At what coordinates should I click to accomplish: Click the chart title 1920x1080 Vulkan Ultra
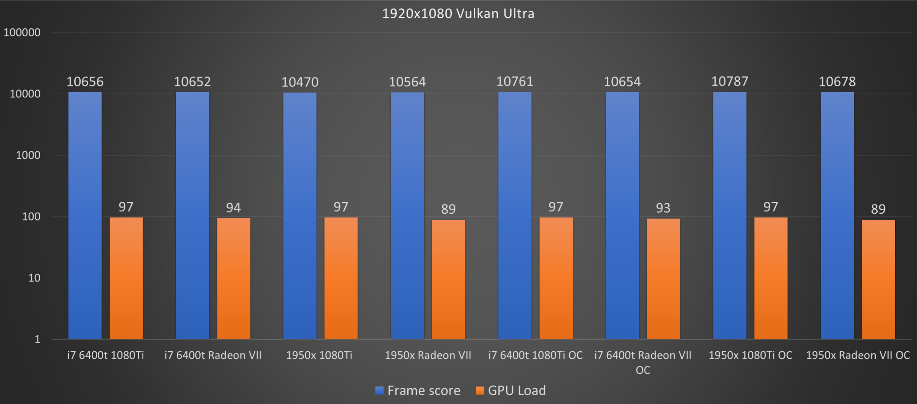pyautogui.click(x=458, y=14)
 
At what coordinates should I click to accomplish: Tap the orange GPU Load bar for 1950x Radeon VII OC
pyautogui.click(x=878, y=279)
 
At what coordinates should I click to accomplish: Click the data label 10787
pyautogui.click(x=729, y=81)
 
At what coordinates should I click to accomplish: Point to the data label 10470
pyautogui.click(x=300, y=82)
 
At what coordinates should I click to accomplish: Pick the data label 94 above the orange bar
pyautogui.click(x=233, y=208)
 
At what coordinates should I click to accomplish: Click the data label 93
pyautogui.click(x=663, y=208)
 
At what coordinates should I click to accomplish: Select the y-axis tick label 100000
pyautogui.click(x=22, y=32)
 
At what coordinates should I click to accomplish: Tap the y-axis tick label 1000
pyautogui.click(x=28, y=155)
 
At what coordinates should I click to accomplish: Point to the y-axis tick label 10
pyautogui.click(x=34, y=278)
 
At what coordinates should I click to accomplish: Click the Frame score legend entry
pyautogui.click(x=418, y=390)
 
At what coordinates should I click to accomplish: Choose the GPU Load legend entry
pyautogui.click(x=511, y=390)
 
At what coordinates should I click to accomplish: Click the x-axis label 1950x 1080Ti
pyautogui.click(x=319, y=355)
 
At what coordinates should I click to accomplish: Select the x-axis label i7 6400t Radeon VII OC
pyautogui.click(x=643, y=362)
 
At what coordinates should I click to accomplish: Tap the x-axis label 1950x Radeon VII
pyautogui.click(x=428, y=355)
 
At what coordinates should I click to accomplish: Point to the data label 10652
pyautogui.click(x=192, y=82)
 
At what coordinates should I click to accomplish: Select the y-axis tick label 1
pyautogui.click(x=37, y=339)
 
